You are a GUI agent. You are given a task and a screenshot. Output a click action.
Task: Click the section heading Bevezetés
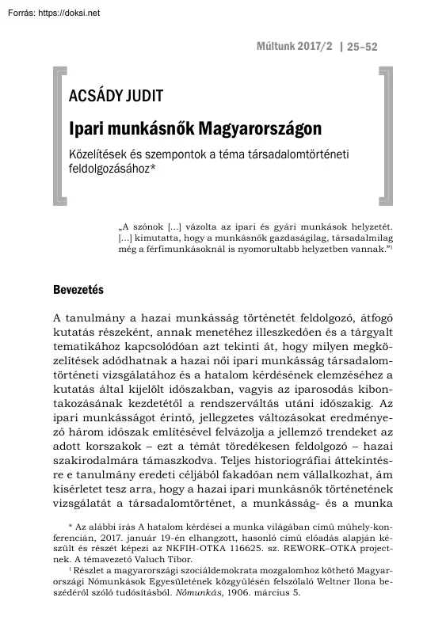[78, 289]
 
